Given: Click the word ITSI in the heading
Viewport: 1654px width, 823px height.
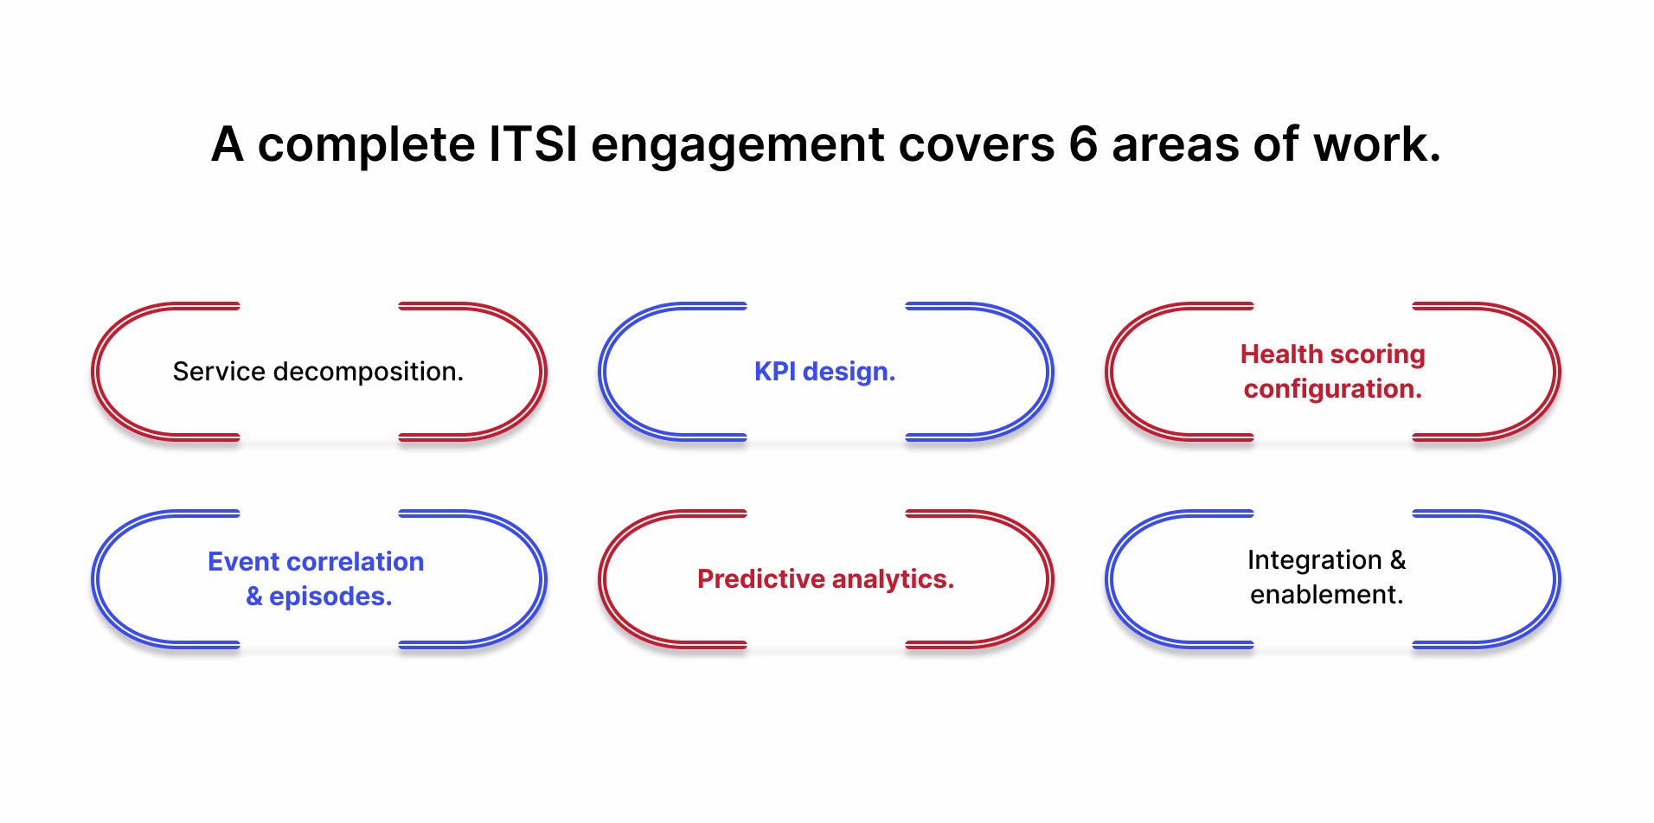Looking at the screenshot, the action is coord(533,144).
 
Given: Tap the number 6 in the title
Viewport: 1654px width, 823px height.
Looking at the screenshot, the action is coord(1083,144).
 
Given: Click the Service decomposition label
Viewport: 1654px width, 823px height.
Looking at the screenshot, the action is coord(318,372).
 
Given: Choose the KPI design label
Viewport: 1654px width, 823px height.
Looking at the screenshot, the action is coord(825,372).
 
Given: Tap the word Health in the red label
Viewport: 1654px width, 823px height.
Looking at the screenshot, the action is coord(1282,354).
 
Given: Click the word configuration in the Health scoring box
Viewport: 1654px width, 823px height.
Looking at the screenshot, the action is coord(1333,389).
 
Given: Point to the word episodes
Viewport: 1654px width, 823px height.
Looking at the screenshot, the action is coord(330,597).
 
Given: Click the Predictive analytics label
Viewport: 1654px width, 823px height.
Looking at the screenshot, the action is coord(826,579).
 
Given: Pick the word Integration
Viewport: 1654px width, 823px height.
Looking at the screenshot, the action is coord(1315,560).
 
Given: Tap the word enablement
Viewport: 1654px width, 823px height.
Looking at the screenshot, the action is coord(1327,595).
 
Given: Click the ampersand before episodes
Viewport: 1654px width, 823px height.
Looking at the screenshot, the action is coord(254,597).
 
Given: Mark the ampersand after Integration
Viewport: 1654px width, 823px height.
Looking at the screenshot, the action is coord(1398,560).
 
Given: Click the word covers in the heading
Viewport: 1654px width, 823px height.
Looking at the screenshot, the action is coord(977,145).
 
